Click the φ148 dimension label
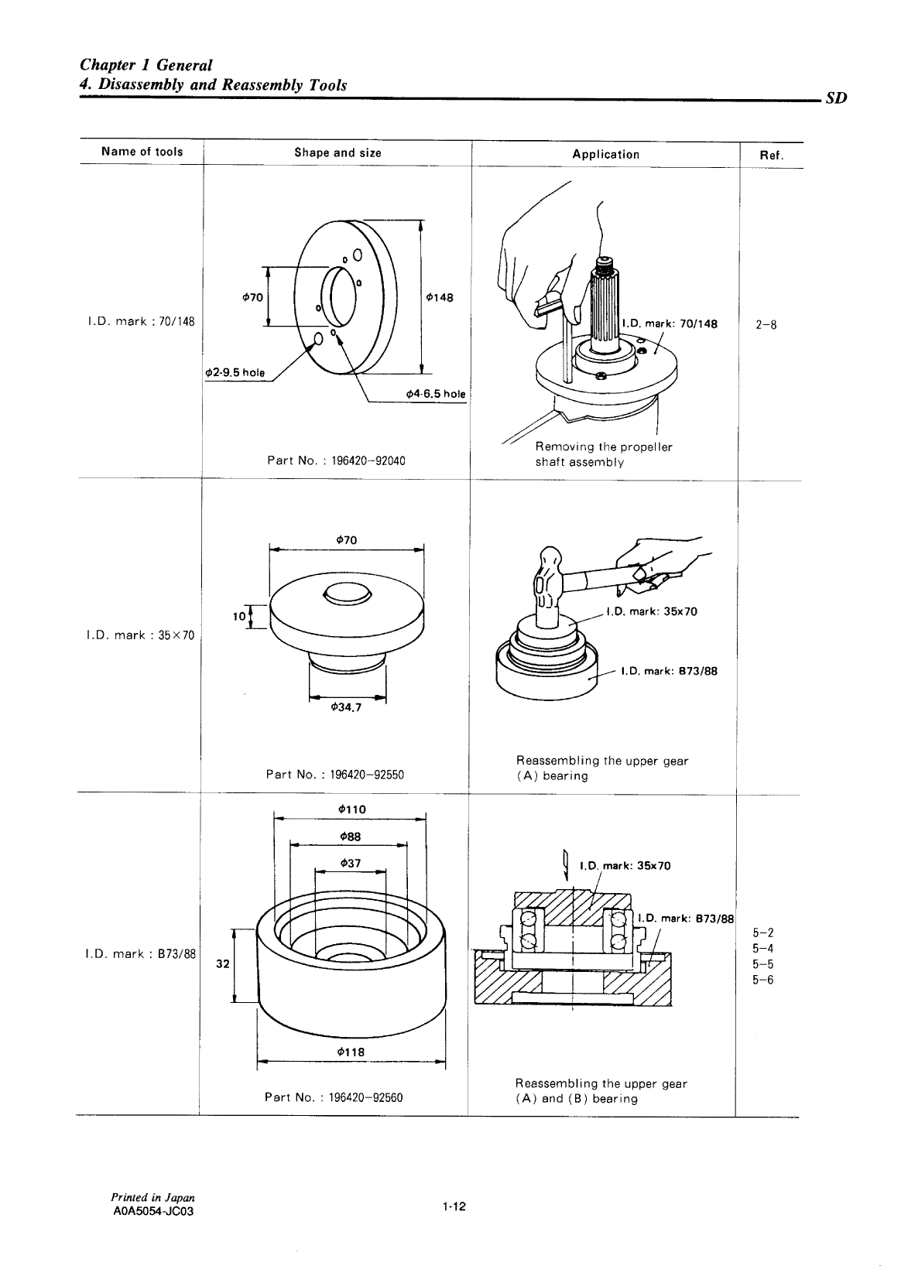click(x=439, y=297)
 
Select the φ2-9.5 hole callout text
click(x=234, y=372)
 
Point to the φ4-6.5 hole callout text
click(x=436, y=394)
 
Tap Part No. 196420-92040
click(x=336, y=460)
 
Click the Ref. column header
click(x=772, y=155)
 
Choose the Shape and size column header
click(x=337, y=152)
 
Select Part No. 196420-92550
click(x=334, y=774)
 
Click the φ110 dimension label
click(x=352, y=809)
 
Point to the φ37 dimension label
click(x=350, y=863)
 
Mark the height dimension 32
click(x=223, y=965)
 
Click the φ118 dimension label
click(x=351, y=1052)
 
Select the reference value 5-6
click(x=762, y=980)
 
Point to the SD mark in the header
click(x=836, y=99)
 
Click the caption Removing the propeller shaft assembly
click(x=604, y=454)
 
